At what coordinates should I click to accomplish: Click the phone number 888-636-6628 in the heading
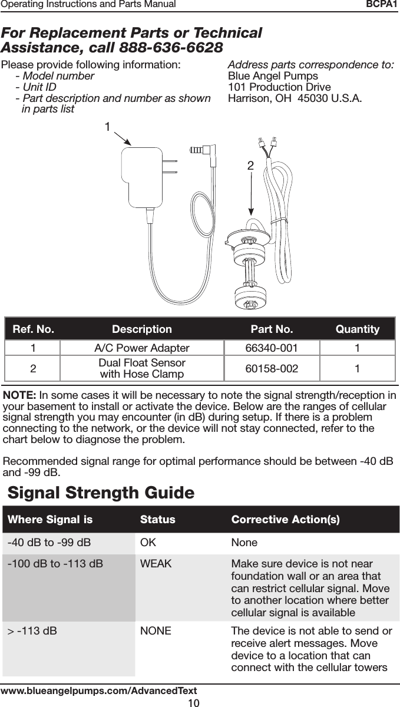[171, 47]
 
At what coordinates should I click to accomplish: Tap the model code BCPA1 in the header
[382, 5]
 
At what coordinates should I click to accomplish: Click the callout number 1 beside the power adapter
[108, 127]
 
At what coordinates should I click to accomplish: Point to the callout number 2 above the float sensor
[250, 167]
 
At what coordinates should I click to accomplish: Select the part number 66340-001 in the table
[272, 348]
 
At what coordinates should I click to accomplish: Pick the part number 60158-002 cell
[272, 369]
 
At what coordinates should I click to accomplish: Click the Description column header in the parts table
[142, 329]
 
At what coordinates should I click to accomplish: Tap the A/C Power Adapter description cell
[142, 348]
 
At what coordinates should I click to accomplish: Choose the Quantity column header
[357, 329]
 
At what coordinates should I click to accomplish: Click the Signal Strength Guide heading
[101, 492]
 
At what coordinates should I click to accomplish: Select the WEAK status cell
[156, 564]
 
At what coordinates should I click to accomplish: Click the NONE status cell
[156, 632]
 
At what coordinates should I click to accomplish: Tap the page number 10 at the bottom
[193, 702]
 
